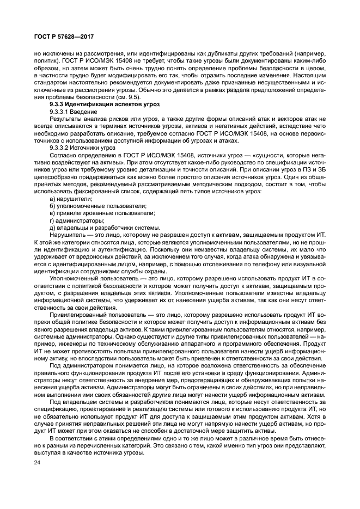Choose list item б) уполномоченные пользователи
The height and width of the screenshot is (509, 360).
[97, 206]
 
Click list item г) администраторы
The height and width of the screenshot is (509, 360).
[76, 220]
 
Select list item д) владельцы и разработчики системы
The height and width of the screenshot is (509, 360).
[105, 228]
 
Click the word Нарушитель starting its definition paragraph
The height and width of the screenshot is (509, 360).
[66, 235]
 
